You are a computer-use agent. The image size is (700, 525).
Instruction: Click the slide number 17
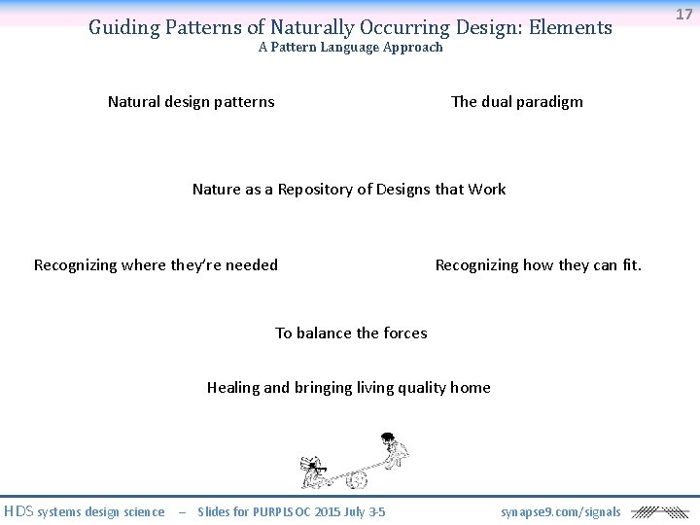684,14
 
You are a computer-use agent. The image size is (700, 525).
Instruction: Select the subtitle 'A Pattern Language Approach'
350,48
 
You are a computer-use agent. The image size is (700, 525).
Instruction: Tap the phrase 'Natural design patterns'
191,102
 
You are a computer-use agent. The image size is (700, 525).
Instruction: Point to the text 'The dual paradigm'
516,102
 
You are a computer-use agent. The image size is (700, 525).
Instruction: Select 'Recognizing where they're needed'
156,265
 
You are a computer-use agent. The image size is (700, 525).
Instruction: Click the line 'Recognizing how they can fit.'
538,265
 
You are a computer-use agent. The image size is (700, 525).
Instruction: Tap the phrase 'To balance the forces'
351,333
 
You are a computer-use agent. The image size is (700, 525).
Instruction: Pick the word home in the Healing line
470,388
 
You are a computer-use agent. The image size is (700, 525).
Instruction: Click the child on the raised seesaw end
393,449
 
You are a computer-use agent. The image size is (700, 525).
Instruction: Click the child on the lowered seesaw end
314,471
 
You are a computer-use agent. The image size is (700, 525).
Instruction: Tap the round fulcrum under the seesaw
357,479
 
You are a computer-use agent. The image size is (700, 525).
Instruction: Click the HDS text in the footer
18,511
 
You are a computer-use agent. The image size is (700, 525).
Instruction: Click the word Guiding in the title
122,27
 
